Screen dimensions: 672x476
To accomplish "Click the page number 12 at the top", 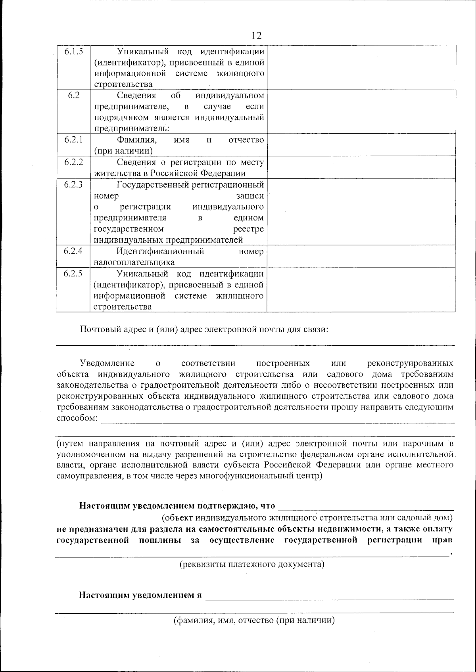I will [257, 36].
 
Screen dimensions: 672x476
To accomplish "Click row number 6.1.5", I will [73, 52].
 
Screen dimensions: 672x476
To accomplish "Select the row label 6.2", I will [73, 95].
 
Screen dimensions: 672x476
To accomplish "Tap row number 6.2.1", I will [73, 140].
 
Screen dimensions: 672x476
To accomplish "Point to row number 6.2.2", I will [73, 162].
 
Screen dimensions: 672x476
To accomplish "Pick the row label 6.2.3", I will [73, 184].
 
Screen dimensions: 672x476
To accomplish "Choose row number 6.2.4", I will [73, 251].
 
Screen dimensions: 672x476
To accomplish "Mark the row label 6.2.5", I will [73, 274].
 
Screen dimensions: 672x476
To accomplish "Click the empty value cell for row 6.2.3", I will [361, 212].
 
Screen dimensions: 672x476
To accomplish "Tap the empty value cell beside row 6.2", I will [361, 111].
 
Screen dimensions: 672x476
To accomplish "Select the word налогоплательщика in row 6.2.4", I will [134, 262].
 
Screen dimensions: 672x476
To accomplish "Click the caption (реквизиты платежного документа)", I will [252, 564].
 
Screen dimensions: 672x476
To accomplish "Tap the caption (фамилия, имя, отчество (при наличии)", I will [254, 621].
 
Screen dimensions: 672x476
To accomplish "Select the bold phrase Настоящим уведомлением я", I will [141, 595].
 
